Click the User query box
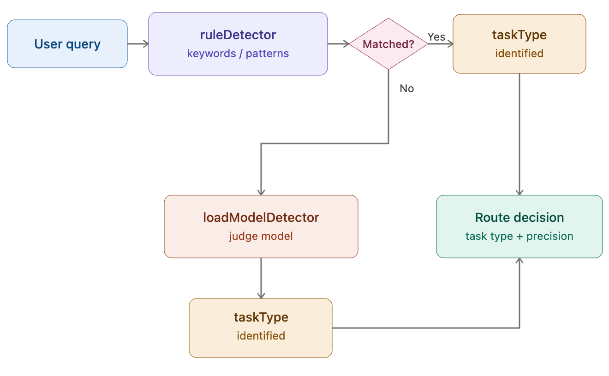(x=67, y=44)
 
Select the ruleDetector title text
(x=238, y=35)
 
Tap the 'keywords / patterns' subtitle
(x=238, y=54)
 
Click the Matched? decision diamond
(x=388, y=44)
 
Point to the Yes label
(x=436, y=36)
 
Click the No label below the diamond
(x=406, y=89)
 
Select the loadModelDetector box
(x=261, y=226)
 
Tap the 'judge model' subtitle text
(x=261, y=236)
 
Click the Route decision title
(x=519, y=217)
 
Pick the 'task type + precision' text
(x=519, y=236)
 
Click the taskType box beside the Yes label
(x=519, y=44)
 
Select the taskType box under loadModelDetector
(x=261, y=328)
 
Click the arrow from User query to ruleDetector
(x=137, y=44)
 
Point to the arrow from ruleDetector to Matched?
(x=338, y=44)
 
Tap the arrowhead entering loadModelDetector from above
(x=261, y=192)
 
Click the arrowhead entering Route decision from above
(x=519, y=192)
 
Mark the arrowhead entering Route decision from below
(x=519, y=261)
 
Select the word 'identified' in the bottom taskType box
(x=261, y=336)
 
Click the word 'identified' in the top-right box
(x=519, y=54)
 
